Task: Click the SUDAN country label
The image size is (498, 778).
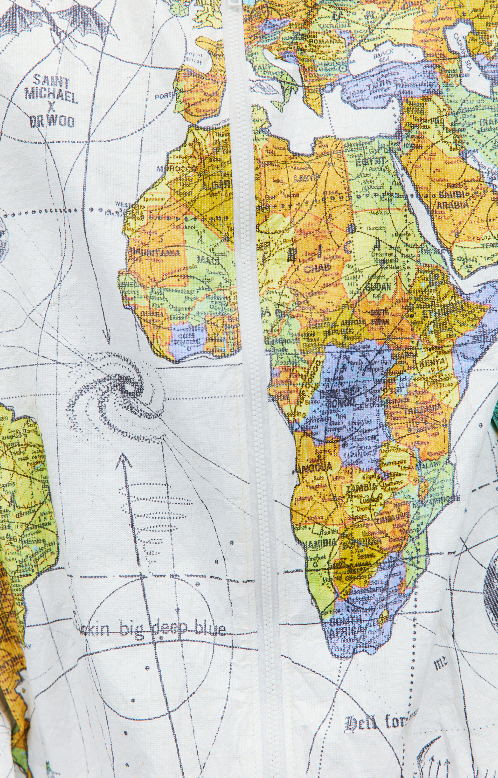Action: pos(379,286)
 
